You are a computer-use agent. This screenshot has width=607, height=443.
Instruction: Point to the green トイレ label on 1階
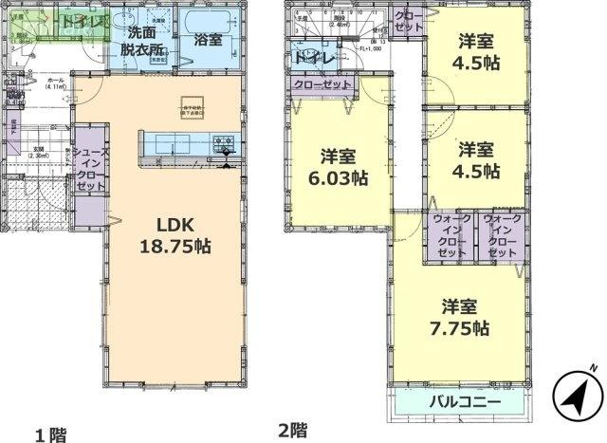coord(76,20)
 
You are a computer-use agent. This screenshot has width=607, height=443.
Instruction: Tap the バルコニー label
coord(458,401)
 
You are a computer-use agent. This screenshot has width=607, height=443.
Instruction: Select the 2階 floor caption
coord(293,430)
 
